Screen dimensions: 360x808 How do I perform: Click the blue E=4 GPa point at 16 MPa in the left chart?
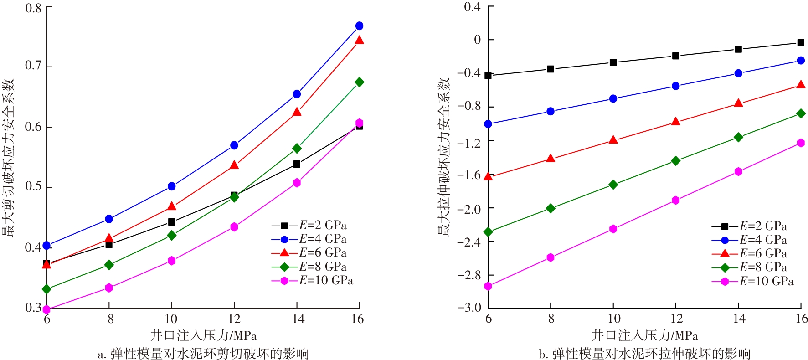[x=359, y=26]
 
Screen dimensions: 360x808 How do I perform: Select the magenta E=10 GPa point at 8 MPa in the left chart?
[x=109, y=288]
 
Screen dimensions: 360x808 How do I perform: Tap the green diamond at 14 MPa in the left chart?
[x=297, y=149]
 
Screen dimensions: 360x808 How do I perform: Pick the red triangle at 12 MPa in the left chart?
[x=234, y=165]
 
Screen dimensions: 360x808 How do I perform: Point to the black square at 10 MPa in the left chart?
[x=171, y=222]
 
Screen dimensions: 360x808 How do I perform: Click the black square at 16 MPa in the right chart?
[x=801, y=43]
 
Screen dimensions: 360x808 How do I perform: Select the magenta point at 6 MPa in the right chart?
[x=488, y=286]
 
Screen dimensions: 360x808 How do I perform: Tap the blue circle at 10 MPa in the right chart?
[x=613, y=98]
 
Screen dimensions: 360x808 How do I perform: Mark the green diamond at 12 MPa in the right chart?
[x=675, y=161]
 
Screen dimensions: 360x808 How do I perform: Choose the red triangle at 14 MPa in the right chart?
[x=738, y=103]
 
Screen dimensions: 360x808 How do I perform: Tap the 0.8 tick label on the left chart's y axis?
[x=33, y=8]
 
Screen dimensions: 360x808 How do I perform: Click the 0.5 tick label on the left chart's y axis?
[x=33, y=187]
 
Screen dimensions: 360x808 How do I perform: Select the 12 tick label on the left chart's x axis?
[x=234, y=319]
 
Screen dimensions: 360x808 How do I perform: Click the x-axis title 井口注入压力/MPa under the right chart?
[x=644, y=336]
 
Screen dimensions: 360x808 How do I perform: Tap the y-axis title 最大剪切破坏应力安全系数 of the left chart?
[x=9, y=158]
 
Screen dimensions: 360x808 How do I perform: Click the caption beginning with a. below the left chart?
[x=203, y=354]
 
